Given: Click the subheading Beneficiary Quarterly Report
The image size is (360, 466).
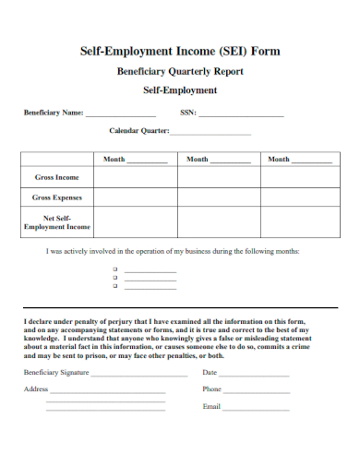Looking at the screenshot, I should click(x=180, y=71).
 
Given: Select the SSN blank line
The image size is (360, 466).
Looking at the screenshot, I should click(x=241, y=115).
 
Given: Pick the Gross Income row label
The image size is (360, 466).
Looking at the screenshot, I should click(x=57, y=176).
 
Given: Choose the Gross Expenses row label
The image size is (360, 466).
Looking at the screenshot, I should click(x=57, y=197).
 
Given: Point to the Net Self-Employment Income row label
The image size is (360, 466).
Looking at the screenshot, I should click(x=57, y=221).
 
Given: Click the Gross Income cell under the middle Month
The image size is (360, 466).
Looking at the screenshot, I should click(x=217, y=176).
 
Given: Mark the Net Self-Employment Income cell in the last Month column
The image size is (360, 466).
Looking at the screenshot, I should click(x=299, y=221).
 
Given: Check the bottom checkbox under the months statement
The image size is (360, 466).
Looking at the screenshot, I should click(x=115, y=286).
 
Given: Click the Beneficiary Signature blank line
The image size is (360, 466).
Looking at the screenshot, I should click(x=138, y=375).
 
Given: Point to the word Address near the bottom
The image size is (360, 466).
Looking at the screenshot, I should click(x=36, y=389).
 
